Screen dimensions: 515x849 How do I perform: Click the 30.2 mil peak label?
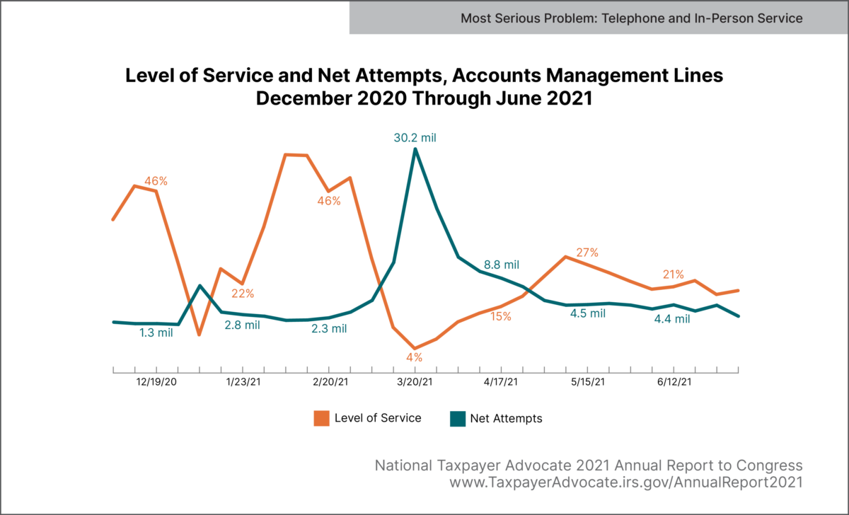(x=415, y=137)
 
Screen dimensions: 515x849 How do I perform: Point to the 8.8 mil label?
(x=502, y=265)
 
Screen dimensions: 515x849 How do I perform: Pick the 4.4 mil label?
(x=672, y=319)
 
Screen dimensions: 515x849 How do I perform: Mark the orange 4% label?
(x=415, y=357)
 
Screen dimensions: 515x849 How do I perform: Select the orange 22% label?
(x=243, y=294)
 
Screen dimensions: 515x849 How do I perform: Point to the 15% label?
(x=501, y=317)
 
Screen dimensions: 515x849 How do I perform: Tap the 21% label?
(x=673, y=274)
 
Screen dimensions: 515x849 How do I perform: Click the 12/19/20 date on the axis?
(x=156, y=383)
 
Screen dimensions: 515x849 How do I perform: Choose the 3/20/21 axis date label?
(x=415, y=383)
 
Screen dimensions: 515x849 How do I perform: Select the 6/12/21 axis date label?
(x=673, y=383)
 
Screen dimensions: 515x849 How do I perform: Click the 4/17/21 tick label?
(x=501, y=383)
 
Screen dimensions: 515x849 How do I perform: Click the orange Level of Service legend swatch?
(x=322, y=419)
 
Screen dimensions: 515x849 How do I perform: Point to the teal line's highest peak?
(x=415, y=149)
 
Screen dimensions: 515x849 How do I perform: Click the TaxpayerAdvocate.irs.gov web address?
(x=626, y=482)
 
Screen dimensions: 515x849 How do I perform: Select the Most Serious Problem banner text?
(x=632, y=18)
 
